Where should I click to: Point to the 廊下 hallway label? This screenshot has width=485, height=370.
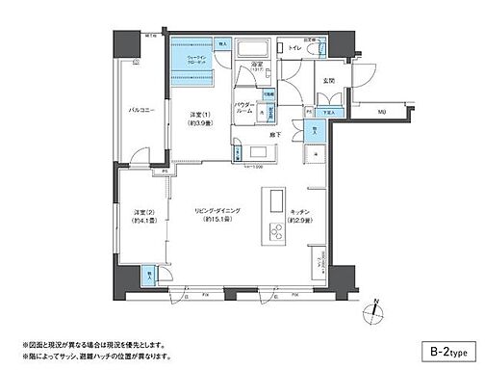pyautogui.click(x=275, y=135)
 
